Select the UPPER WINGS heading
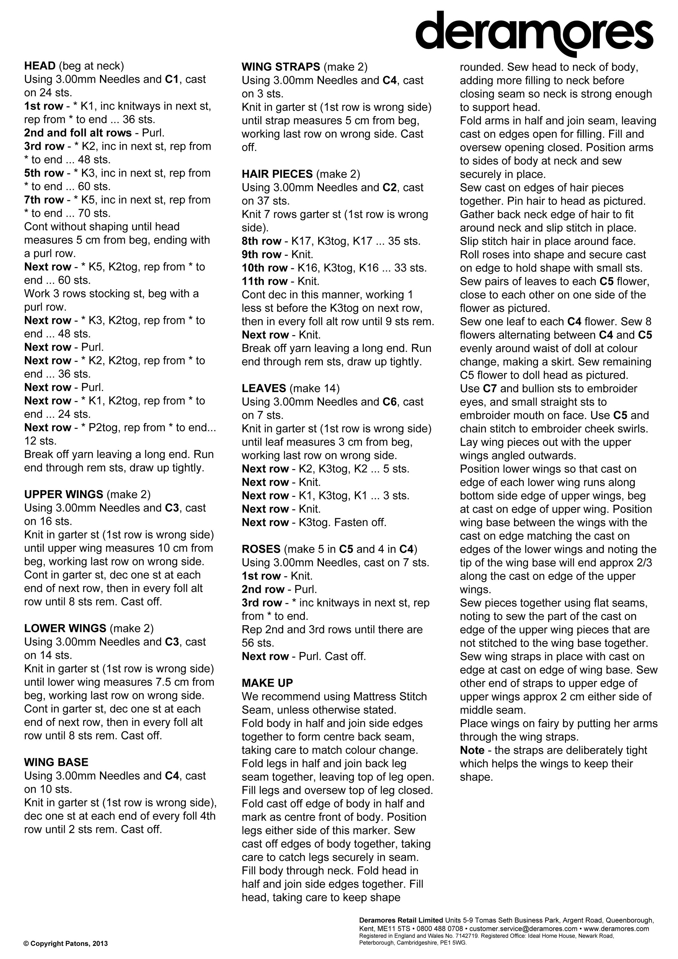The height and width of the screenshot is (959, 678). tap(64, 494)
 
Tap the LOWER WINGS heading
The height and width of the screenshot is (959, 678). tap(65, 628)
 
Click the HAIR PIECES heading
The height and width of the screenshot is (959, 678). tap(277, 174)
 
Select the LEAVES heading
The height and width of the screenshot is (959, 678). tap(264, 388)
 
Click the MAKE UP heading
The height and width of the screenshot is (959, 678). tap(267, 683)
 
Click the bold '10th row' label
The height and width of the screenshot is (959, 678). tap(264, 268)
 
